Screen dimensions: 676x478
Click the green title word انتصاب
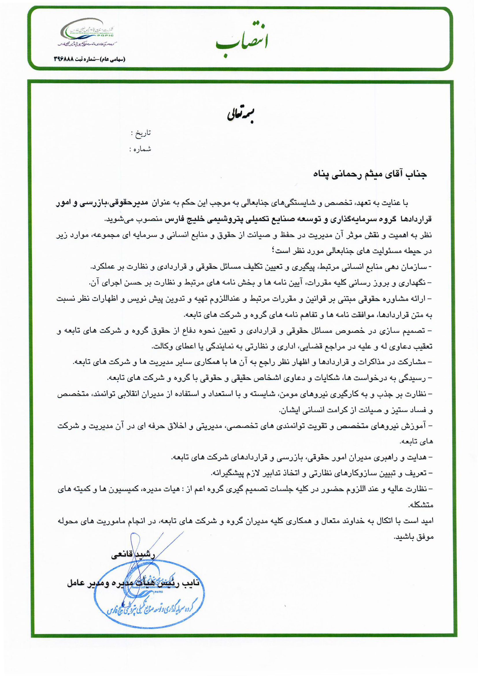(x=241, y=41)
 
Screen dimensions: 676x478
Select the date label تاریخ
(x=143, y=133)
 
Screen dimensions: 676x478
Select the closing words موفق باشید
(x=414, y=537)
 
